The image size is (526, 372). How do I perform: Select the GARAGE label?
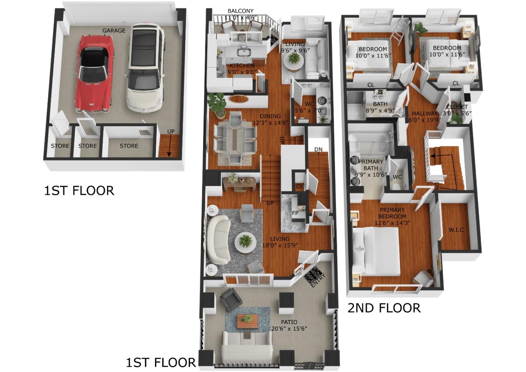(x=114, y=31)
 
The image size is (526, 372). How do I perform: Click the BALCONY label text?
(x=240, y=11)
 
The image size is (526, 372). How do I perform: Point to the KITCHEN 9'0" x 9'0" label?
(x=241, y=69)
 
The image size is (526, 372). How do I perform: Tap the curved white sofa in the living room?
(x=218, y=239)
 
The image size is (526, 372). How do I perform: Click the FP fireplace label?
(x=295, y=213)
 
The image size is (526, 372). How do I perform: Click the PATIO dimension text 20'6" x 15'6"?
(x=289, y=329)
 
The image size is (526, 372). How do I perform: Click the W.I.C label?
(x=456, y=229)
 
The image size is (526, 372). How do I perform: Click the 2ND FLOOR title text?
(x=384, y=308)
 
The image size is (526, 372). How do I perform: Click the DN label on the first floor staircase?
(x=318, y=149)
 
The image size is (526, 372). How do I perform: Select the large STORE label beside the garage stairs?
(x=129, y=146)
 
